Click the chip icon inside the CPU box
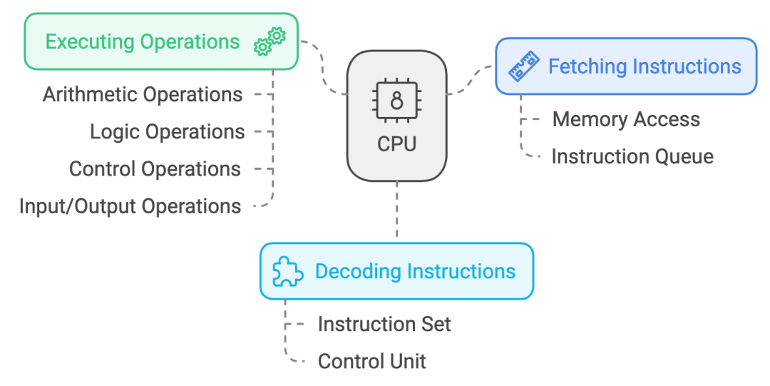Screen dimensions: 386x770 [x=396, y=101]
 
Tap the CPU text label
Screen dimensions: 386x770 [x=396, y=144]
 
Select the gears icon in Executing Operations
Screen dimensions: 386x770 [x=269, y=41]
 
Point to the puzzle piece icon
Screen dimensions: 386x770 [x=288, y=272]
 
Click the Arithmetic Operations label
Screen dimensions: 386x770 [x=143, y=94]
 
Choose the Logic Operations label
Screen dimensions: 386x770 [x=167, y=131]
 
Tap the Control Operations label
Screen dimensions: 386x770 [x=155, y=169]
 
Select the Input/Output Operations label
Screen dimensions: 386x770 [x=130, y=206]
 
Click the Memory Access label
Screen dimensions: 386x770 [x=626, y=119]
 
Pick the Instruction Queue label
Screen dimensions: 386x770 [x=632, y=156]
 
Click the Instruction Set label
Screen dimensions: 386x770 [x=384, y=324]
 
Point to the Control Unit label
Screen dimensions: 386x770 [x=371, y=361]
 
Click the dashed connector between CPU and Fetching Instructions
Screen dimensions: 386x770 [x=471, y=82]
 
